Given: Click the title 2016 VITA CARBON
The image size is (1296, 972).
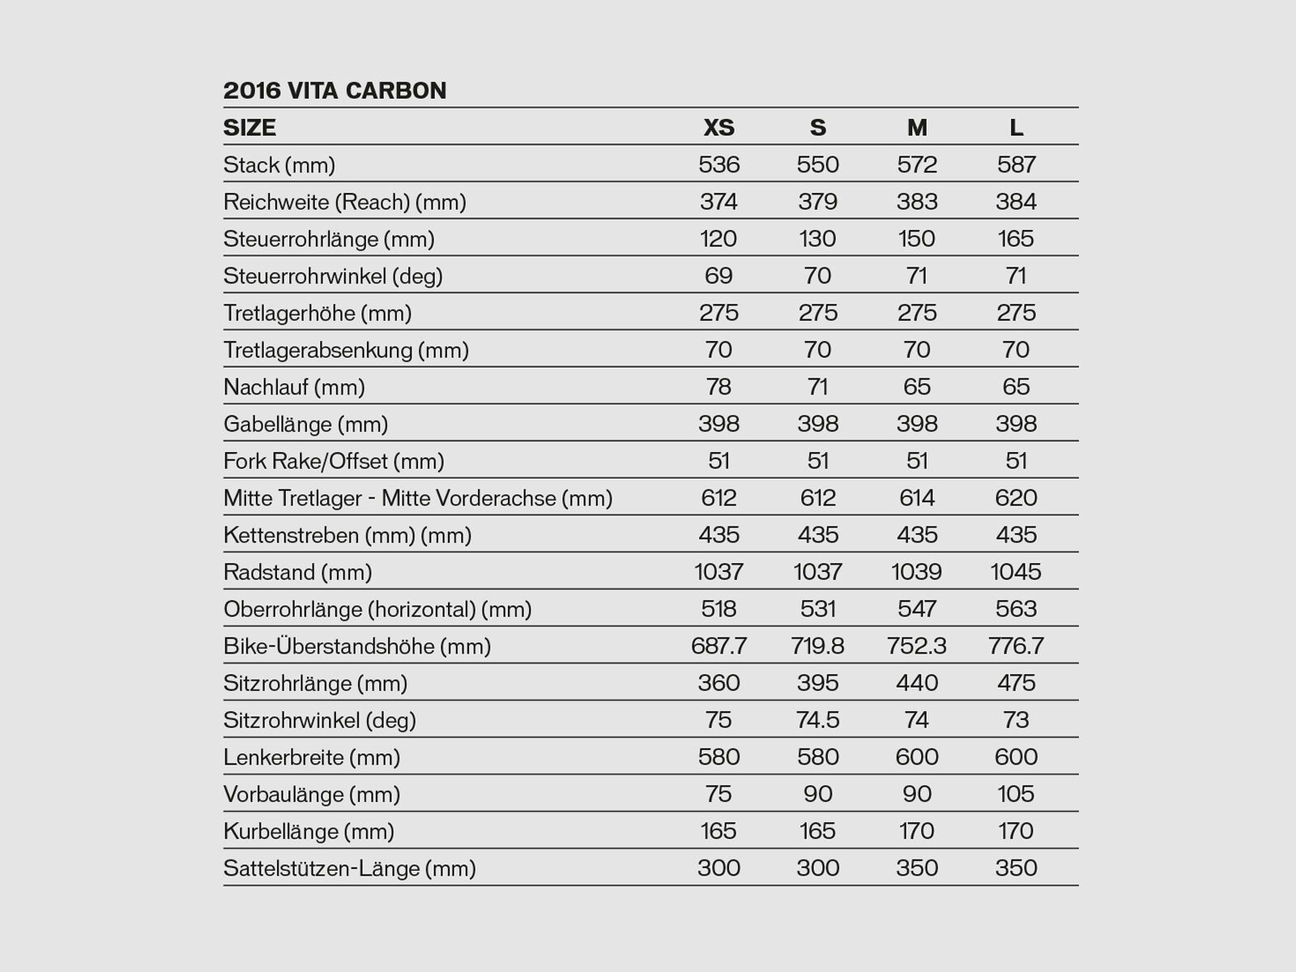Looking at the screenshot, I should click(335, 90).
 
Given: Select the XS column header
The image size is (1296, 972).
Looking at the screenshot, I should click(718, 127).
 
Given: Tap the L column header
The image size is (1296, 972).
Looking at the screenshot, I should click(1016, 127).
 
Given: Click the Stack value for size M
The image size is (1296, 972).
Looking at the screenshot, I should click(917, 164).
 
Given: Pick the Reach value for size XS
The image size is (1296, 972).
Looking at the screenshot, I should click(718, 202).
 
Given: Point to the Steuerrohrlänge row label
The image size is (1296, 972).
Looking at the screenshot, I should click(329, 239).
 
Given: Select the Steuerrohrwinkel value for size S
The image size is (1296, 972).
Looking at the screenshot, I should click(817, 275).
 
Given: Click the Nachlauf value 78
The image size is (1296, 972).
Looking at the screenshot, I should click(718, 386).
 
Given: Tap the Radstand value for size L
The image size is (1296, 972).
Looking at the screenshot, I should click(1016, 572).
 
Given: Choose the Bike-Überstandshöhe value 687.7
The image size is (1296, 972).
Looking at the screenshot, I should click(718, 646).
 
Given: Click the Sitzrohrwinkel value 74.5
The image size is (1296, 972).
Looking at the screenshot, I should click(817, 720).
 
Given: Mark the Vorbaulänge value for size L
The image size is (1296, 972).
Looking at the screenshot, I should click(1016, 794).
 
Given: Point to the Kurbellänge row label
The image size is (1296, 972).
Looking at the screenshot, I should click(309, 831).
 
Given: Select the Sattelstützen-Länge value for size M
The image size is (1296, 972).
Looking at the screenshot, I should click(917, 868).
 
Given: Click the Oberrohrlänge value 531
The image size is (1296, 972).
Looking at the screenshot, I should click(817, 609).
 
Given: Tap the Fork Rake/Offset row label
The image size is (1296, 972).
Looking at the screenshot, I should click(334, 461).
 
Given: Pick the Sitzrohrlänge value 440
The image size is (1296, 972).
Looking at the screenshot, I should click(917, 683).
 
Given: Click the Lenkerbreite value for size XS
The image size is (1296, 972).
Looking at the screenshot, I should click(718, 757).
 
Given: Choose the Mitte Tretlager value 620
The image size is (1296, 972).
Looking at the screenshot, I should click(1016, 497).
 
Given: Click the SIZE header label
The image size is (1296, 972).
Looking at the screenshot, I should click(249, 127).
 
